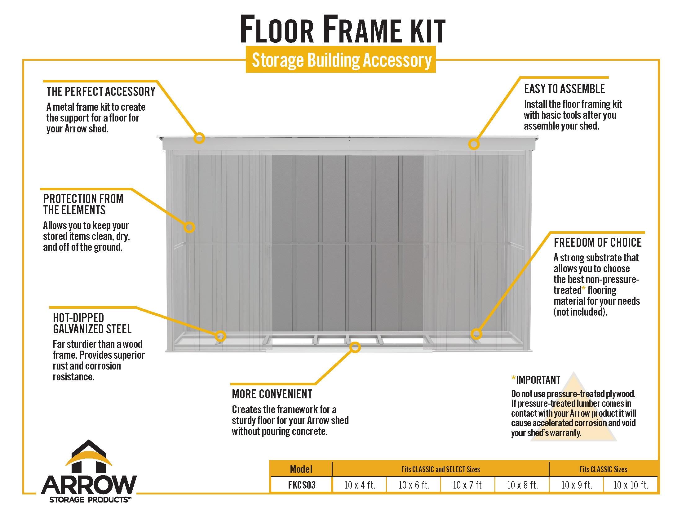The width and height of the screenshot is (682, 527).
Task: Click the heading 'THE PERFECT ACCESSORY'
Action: coord(101,91)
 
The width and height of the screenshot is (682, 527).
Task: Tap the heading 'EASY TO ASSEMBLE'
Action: coord(564,89)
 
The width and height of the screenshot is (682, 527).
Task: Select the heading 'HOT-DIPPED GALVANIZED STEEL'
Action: coord(92,323)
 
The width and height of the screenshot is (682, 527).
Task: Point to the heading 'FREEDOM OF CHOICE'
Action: coord(597,242)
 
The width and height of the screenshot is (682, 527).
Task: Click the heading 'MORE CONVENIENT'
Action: coord(272,394)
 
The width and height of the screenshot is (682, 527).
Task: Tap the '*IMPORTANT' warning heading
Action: coord(536,380)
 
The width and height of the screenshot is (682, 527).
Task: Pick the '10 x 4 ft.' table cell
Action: coord(359,485)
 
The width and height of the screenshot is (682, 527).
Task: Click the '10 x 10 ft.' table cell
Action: coord(631,485)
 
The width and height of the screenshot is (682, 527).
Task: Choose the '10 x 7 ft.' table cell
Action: coord(468,485)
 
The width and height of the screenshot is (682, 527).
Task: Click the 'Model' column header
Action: coord(301,469)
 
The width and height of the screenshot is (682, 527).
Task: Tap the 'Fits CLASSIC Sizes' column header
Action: coord(603,469)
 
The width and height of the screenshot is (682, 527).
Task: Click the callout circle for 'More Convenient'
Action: coord(355,347)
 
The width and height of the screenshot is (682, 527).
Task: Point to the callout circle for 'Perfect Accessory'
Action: coord(199,138)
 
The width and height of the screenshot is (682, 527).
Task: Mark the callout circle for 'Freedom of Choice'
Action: coord(476,334)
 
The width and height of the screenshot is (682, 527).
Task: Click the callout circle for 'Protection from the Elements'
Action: coord(189,227)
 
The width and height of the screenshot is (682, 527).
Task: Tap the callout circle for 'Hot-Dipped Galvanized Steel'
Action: coord(220,336)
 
